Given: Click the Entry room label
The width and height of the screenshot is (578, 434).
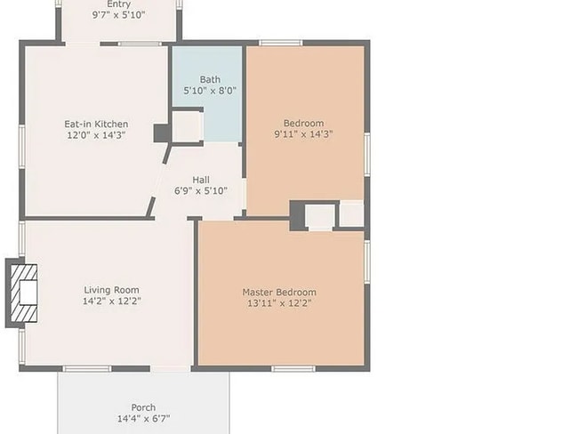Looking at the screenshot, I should pos(118,4).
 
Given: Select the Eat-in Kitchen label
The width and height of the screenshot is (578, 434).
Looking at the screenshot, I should pos(96,124).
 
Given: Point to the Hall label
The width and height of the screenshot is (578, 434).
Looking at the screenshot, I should pos(201,179).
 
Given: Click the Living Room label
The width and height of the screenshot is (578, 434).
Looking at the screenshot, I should pos(111,290).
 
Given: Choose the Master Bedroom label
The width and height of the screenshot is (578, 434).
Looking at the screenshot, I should pos(279,292).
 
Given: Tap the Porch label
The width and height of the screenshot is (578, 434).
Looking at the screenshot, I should pos(143,408).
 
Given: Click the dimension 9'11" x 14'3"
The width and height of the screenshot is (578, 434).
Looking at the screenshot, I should pos(303,135).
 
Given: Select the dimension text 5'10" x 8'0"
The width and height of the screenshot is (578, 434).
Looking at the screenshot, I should pos(210,91).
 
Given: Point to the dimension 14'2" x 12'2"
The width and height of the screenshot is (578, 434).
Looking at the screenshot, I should pos(112,301).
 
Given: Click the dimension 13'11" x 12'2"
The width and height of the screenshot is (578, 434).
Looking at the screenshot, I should pos(279,303).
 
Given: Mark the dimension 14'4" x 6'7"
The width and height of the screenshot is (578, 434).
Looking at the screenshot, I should pos(143,419).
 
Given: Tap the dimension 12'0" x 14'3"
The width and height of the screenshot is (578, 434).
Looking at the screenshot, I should pos(96,135).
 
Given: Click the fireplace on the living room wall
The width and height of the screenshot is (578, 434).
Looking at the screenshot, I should pos(23,293).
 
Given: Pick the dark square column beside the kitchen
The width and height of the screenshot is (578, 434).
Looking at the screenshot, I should pos(162,133).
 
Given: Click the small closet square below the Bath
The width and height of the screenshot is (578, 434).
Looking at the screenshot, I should pos(188,126).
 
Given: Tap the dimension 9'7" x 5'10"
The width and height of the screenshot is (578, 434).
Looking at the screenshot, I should pos(118,15).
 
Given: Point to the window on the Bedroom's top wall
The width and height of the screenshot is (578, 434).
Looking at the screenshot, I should pos(280,42).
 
